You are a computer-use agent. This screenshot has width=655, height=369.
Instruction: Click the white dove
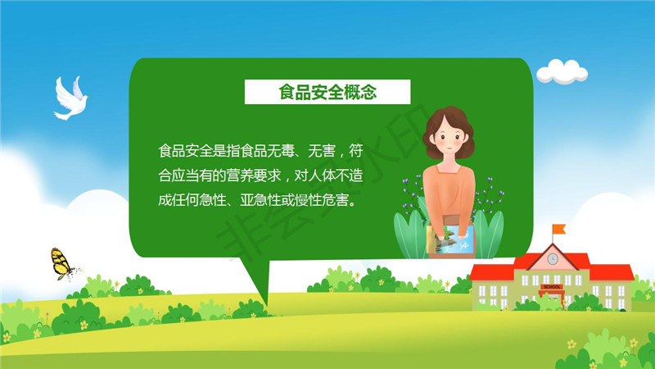pos(70,98)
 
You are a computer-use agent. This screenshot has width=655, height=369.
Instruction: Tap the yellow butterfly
pos(62,264)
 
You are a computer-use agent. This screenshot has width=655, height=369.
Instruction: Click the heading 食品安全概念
pos(327,92)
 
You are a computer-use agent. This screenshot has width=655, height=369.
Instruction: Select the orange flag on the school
pos(559,229)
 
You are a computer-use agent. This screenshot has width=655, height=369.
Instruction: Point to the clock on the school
pos(553,259)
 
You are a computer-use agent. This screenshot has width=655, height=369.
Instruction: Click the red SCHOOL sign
pos(552,286)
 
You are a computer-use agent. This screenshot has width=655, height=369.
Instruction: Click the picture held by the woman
pos(451,239)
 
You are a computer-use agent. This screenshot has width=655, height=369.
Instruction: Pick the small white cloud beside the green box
pos(562,71)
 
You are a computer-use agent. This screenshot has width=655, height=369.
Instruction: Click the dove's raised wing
pos(78,88)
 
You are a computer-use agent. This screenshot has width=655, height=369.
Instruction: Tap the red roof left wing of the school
pos(491,272)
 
